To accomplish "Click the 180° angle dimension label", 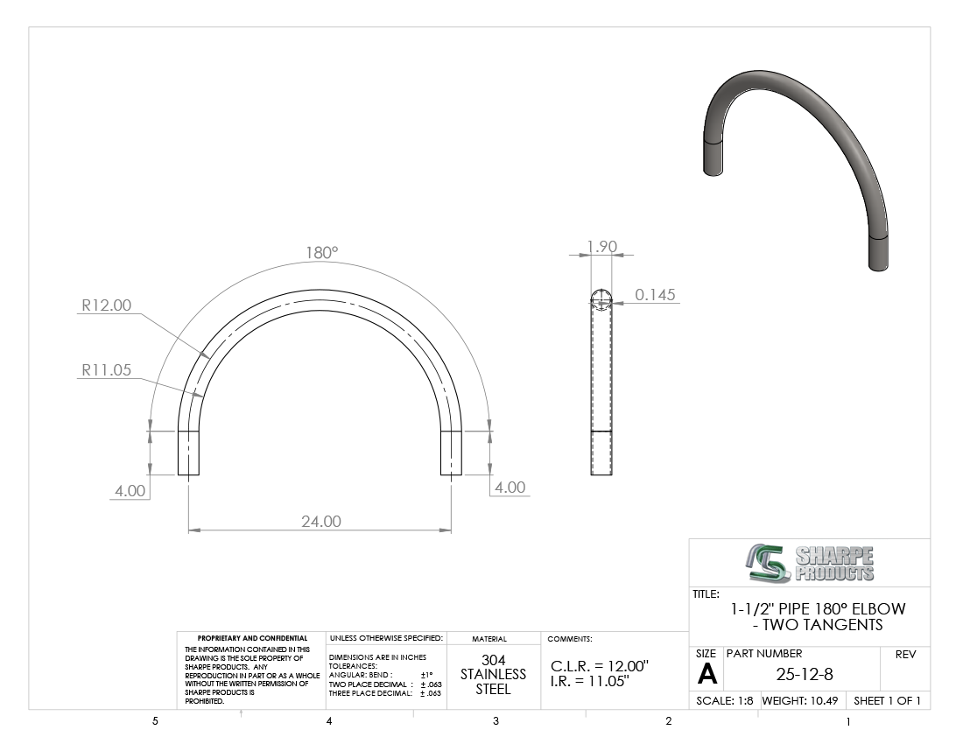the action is point(322,252).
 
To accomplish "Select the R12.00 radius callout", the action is point(106,305).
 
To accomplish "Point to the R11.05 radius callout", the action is point(106,369).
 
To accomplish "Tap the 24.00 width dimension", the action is point(320,521).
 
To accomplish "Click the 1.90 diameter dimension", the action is point(602,246).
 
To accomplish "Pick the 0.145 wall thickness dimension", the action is point(655,295).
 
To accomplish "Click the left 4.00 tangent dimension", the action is point(130,490).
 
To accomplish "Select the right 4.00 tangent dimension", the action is point(510,488).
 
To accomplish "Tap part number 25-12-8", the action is point(805,674).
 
